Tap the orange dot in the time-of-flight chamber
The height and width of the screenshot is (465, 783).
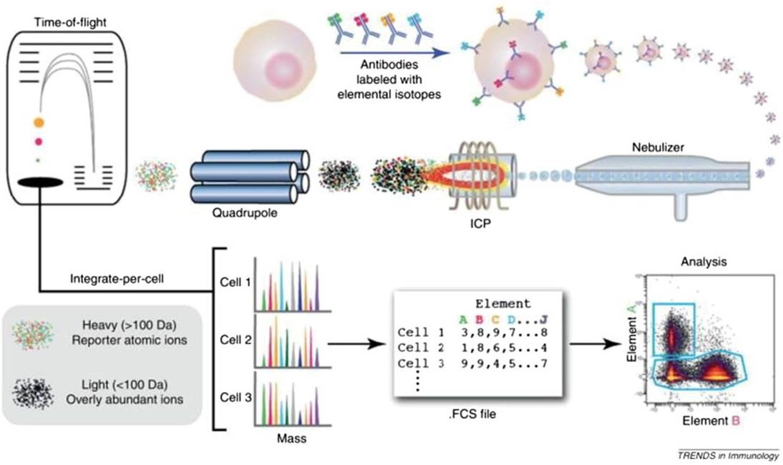(39, 122)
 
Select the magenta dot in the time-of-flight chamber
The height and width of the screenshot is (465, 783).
(39, 142)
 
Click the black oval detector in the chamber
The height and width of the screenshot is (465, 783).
(40, 182)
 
